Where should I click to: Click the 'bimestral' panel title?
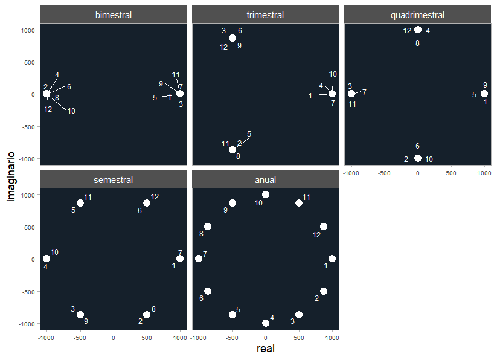pos(114,15)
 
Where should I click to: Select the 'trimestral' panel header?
pos(266,15)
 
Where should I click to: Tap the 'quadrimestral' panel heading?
pos(418,15)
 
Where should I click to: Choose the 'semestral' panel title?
pos(114,180)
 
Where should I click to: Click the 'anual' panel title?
pos(266,180)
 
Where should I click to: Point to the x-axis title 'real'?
pos(266,349)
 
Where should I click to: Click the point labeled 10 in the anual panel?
pos(266,194)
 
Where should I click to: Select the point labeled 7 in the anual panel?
pos(199,259)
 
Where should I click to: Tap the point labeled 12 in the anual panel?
pos(323,227)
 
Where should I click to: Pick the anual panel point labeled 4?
pos(266,323)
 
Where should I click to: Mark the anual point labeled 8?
pos(208,227)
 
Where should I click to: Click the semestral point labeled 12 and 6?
pos(147,203)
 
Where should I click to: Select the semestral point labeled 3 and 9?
pos(80,315)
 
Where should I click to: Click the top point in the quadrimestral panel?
pos(418,30)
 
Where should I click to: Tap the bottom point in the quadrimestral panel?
pos(418,158)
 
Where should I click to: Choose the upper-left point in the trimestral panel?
pos(232,38)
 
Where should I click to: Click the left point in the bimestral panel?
pos(46,94)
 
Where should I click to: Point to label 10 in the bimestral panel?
pos(71,111)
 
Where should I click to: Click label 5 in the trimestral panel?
pos(249,134)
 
